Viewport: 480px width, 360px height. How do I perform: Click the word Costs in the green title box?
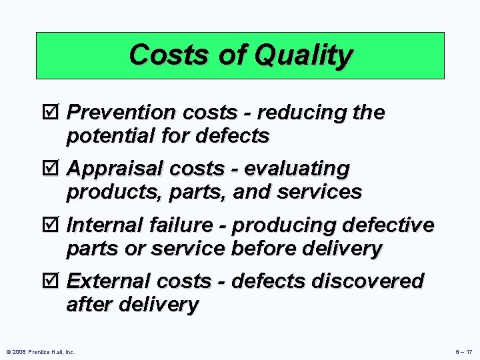tap(171, 55)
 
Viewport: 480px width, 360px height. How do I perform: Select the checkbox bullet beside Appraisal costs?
tap(56, 169)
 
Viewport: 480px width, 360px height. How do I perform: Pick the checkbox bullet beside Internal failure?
tap(56, 225)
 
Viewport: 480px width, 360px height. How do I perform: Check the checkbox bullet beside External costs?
tap(56, 282)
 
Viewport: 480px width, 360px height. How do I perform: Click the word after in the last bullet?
tap(89, 305)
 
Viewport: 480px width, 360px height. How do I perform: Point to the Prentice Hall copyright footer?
tap(40, 351)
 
